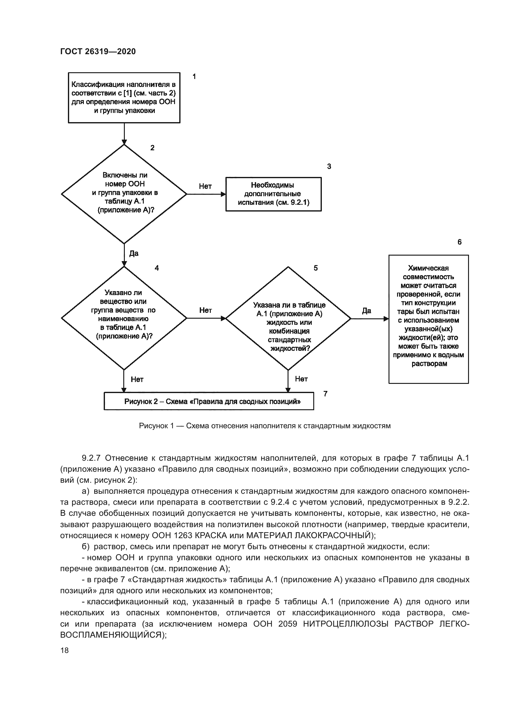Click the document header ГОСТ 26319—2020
tap(98, 51)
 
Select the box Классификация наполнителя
tap(124, 98)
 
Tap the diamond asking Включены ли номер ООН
tap(124, 194)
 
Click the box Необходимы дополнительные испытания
tap(273, 194)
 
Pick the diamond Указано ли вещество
tap(124, 318)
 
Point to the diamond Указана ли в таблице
tap(288, 318)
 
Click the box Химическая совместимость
tap(428, 319)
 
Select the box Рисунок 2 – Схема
tap(209, 401)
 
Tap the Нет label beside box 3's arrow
tap(205, 186)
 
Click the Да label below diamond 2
tap(134, 253)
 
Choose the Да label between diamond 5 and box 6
tap(366, 311)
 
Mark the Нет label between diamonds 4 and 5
tap(205, 310)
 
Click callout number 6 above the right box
tap(459, 242)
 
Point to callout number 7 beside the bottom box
tap(325, 394)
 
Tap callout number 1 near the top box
tap(194, 77)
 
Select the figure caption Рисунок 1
tap(265, 426)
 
